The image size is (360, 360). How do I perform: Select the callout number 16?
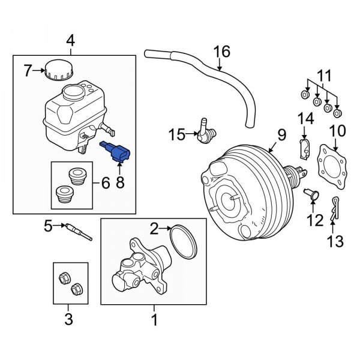click(x=222, y=52)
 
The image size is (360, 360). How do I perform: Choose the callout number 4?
click(x=70, y=41)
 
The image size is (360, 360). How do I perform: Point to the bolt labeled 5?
click(x=79, y=230)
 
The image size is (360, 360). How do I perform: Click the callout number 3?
click(x=68, y=319)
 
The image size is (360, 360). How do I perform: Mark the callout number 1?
click(x=154, y=320)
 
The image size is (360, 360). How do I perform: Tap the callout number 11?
click(x=325, y=76)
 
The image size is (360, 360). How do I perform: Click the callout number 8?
click(x=120, y=182)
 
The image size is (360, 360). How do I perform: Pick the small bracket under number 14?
click(x=304, y=148)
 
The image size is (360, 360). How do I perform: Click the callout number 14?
click(x=305, y=119)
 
